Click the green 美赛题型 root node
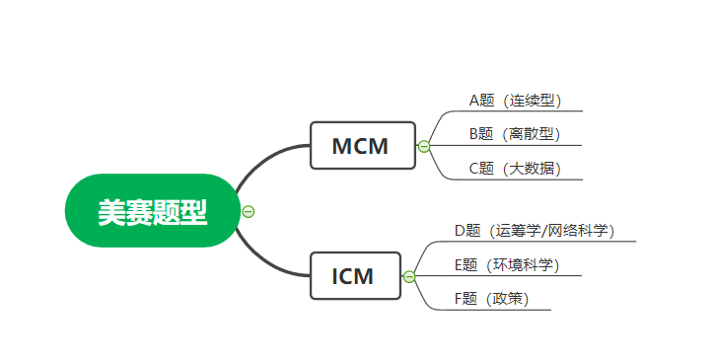(x=152, y=210)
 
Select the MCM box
(x=360, y=146)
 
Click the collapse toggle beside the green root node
(x=249, y=210)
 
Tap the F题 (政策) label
(x=490, y=298)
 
